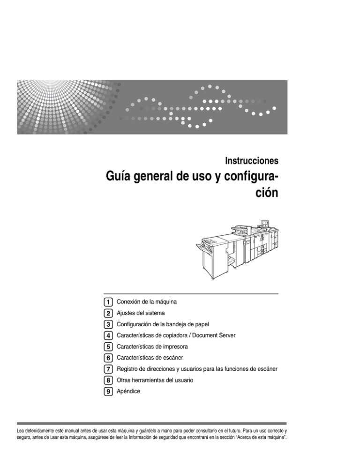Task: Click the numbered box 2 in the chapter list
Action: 108,313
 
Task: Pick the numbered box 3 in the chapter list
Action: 108,324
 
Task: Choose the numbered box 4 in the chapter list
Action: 108,336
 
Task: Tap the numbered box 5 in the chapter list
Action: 108,347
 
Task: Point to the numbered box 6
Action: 108,358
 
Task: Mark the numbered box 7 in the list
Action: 108,369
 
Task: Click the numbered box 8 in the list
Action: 108,381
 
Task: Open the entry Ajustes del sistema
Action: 140,313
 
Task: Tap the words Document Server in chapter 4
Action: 219,336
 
